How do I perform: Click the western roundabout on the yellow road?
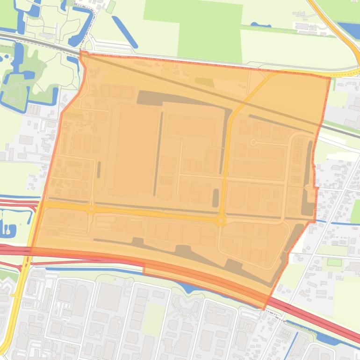[91, 209]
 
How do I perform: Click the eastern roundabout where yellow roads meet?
[221, 221]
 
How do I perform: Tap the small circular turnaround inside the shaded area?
[253, 142]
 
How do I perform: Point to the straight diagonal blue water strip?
[124, 31]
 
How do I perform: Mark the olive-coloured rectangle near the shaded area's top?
[204, 82]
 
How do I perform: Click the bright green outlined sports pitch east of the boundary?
[334, 262]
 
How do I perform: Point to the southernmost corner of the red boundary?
[265, 309]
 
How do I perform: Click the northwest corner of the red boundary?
[81, 51]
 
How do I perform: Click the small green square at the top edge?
[111, 7]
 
